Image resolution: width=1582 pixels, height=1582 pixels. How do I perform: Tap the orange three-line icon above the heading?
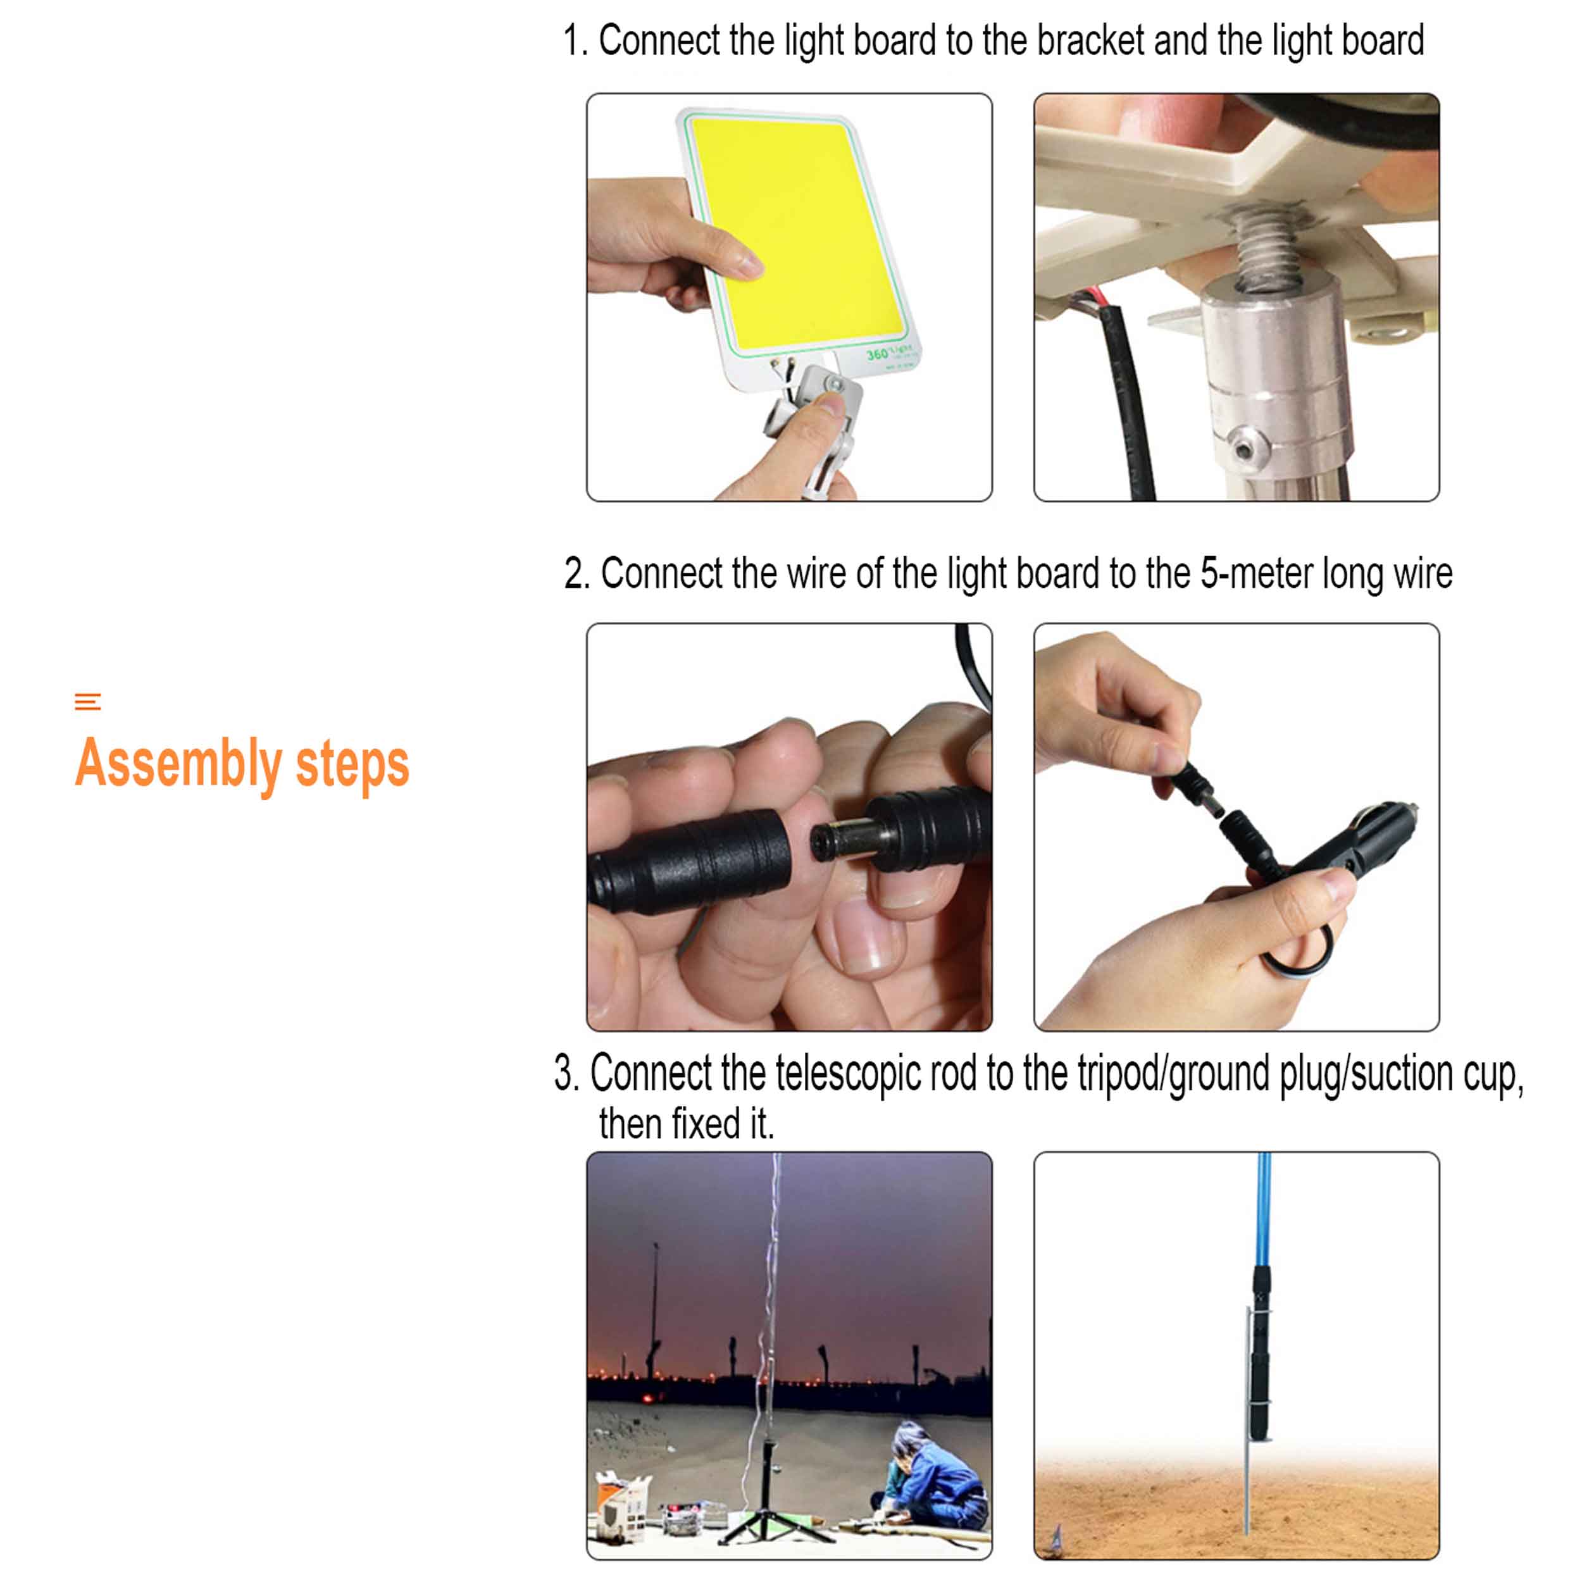pos(87,702)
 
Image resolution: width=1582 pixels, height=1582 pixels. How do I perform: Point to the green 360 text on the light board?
pos(876,354)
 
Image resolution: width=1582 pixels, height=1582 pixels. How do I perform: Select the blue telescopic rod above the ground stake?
pos(1262,1211)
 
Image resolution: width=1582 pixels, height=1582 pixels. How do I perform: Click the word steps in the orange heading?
pos(352,766)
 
